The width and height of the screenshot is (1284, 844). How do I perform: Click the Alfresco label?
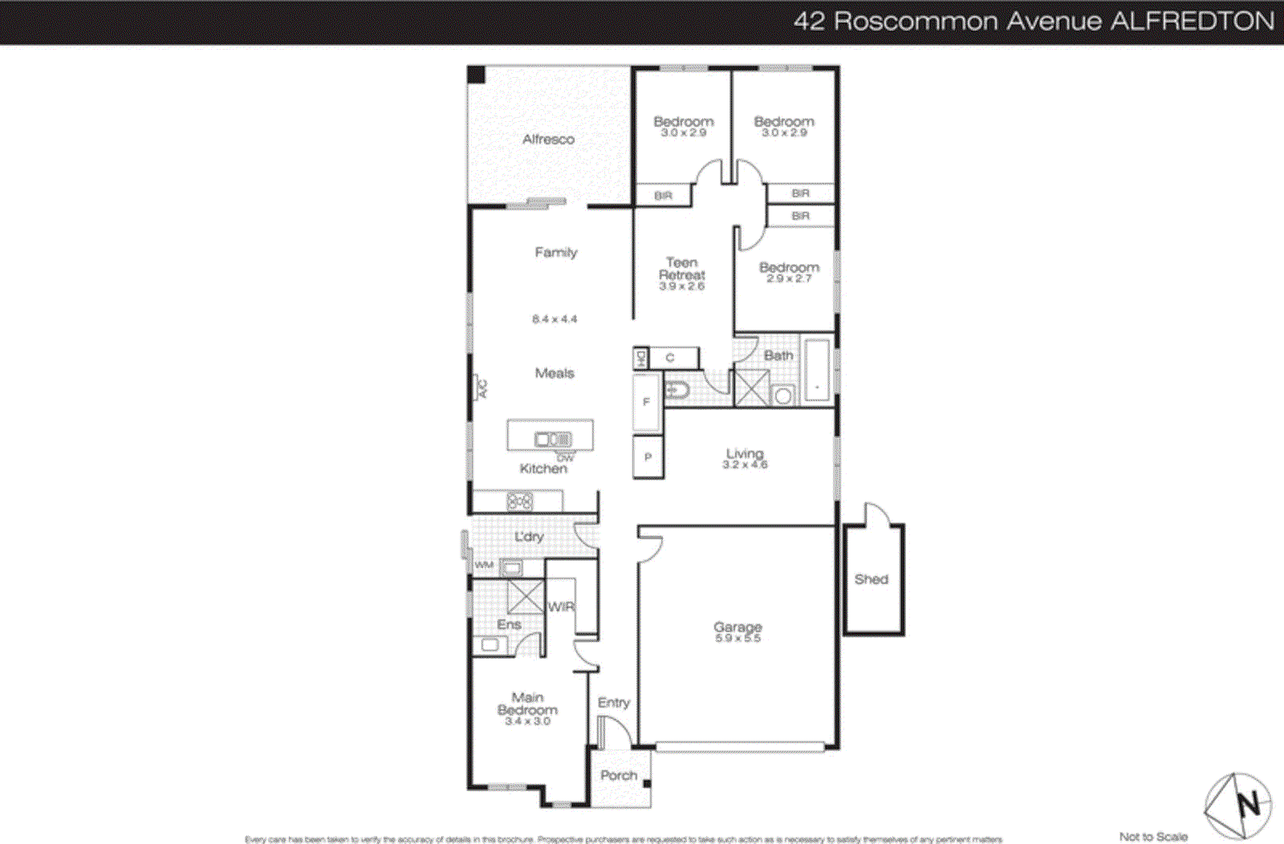(548, 140)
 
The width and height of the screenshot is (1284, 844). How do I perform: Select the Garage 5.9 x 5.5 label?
(737, 631)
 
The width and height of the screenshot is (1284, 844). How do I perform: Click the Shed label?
(871, 579)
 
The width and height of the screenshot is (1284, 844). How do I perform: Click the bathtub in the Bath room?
(816, 370)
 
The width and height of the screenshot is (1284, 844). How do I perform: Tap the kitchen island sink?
(553, 440)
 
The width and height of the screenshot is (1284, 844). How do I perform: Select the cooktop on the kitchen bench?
(519, 502)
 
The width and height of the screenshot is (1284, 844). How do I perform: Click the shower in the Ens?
(525, 597)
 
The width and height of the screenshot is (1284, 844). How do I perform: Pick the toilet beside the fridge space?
(677, 392)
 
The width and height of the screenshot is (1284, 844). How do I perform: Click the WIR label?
(561, 607)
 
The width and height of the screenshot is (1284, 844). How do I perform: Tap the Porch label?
(619, 776)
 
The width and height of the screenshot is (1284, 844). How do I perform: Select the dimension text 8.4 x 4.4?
(554, 319)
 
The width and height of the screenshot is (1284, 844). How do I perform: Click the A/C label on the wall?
(481, 388)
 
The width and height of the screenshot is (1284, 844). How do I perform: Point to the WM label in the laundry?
(484, 565)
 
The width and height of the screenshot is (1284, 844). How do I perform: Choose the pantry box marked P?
(648, 457)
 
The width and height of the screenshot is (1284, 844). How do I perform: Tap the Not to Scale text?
(1153, 837)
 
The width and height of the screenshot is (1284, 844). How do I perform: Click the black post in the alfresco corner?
(476, 75)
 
